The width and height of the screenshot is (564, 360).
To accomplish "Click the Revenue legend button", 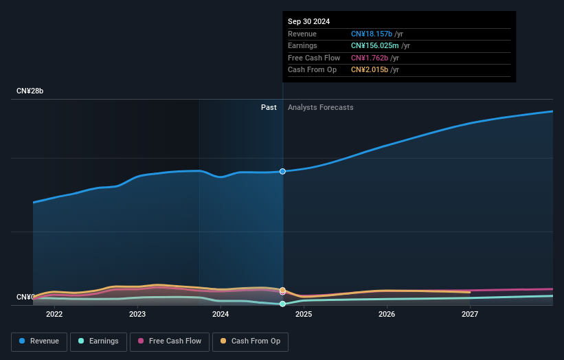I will (40, 341).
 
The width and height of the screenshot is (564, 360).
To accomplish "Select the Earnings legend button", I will (99, 341).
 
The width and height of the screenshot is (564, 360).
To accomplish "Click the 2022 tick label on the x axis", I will (54, 314).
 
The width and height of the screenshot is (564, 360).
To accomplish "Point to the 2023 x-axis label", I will (137, 314).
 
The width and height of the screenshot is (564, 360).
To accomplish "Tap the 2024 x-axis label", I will (221, 314).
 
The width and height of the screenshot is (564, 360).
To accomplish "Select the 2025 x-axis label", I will (304, 314).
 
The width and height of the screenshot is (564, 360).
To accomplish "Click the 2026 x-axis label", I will (387, 314).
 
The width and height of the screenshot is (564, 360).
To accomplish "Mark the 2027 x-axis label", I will (470, 314).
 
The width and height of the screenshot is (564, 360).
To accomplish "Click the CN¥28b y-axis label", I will (30, 91).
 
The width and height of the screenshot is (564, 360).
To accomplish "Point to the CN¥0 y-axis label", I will (25, 297).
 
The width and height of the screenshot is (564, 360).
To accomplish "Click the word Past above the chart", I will (269, 107).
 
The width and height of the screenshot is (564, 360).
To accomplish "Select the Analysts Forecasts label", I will (320, 107).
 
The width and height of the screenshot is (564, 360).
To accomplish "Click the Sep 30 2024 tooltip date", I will (308, 21).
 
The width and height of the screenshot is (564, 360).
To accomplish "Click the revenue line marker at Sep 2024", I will (282, 171).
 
